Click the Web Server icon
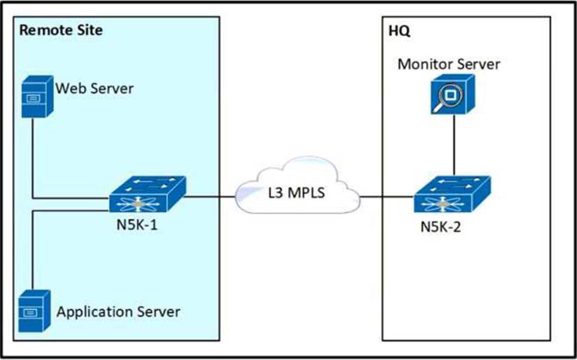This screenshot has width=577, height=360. (37, 96)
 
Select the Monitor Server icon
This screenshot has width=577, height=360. (452, 94)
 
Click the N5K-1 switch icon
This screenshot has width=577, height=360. (147, 194)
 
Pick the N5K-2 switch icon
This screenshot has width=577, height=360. (452, 194)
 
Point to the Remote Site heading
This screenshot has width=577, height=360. (61, 30)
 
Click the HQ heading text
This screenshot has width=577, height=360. (399, 31)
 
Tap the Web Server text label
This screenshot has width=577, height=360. (94, 88)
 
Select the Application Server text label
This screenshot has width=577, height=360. (118, 312)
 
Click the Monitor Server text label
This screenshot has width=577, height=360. (449, 64)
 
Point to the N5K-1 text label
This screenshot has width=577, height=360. (137, 224)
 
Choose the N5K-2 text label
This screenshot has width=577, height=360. (440, 227)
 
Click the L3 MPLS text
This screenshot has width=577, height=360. (297, 192)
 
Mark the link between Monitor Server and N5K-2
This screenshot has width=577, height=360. (454, 145)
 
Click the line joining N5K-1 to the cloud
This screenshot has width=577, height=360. (210, 197)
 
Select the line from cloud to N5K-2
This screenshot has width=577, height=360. (386, 197)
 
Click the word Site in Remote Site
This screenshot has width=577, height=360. (90, 30)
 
